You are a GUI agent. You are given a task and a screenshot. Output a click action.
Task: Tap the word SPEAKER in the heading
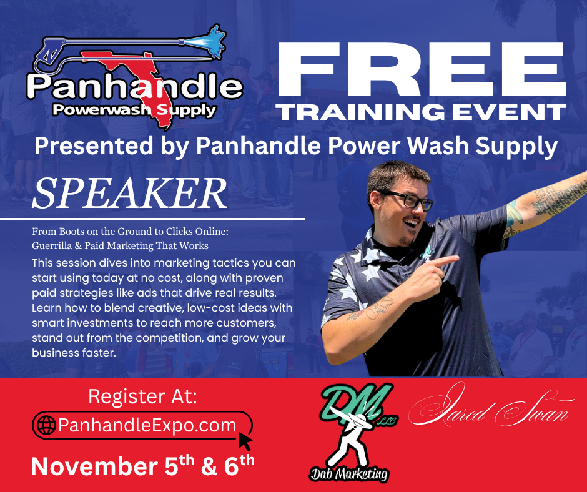(x=130, y=194)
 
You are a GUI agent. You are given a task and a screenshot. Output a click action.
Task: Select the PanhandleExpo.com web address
(x=147, y=426)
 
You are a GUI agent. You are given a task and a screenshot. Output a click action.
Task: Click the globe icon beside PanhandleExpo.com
(x=47, y=426)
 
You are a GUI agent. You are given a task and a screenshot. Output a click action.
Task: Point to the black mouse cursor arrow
(x=245, y=441)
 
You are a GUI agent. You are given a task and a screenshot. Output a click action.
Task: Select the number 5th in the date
(x=189, y=466)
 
